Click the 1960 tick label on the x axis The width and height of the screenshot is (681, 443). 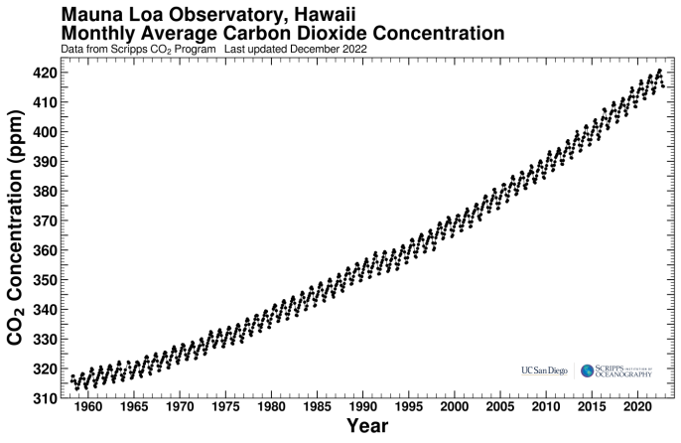pos(88,407)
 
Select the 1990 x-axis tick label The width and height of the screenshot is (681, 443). pos(363,407)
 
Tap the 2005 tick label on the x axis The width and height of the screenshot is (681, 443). pos(500,407)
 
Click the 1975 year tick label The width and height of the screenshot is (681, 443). pos(225,407)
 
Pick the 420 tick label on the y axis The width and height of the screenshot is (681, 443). pos(44,73)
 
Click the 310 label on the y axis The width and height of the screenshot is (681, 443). pos(44,397)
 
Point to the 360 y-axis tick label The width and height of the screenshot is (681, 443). pos(44,250)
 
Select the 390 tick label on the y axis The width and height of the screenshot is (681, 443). pos(44,161)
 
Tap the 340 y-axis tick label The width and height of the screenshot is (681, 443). pos(44,309)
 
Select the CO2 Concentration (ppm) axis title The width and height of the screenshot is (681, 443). pos(16,235)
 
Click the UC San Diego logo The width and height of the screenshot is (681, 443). pos(544,370)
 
